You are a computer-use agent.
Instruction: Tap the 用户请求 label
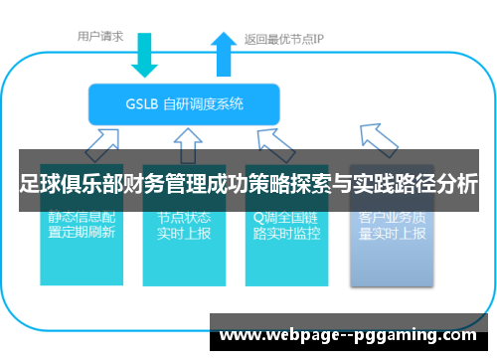pyautogui.click(x=100, y=38)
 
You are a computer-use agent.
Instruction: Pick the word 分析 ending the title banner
pyautogui.click(x=456, y=183)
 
